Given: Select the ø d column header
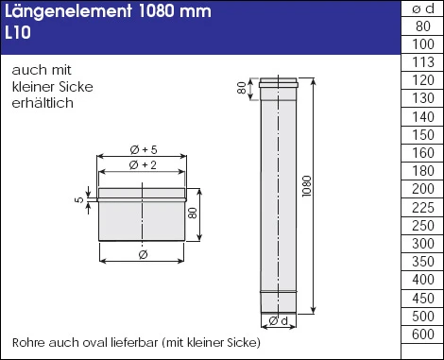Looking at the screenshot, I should point(422,9).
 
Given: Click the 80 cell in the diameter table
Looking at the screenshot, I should point(422,26).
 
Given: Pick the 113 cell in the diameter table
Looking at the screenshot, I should point(422,62).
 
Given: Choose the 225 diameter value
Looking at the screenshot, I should point(422,207).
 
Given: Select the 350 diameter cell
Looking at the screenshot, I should point(422,261).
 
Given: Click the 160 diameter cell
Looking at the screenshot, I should point(422,153).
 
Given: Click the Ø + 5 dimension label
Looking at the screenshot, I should point(140,149).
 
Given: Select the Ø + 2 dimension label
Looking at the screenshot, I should point(140,166).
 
